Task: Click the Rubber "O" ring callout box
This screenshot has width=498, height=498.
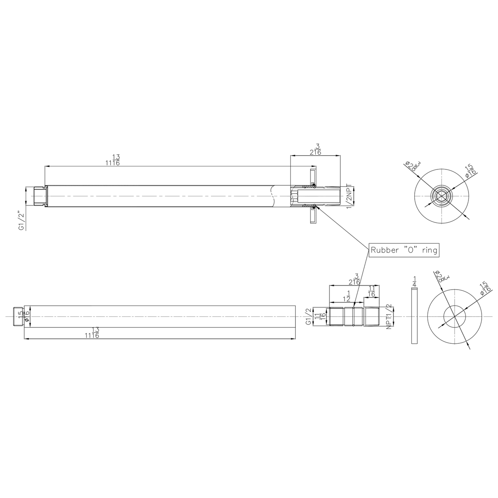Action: [404, 250]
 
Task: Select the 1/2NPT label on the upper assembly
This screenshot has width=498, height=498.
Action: [350, 196]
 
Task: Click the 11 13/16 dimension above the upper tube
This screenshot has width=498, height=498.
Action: [112, 160]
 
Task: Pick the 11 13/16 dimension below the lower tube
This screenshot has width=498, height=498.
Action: [92, 333]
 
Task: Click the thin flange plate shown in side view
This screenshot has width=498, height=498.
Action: [413, 316]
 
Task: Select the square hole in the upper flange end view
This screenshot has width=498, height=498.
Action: [441, 196]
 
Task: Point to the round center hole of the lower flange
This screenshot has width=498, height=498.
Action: [454, 317]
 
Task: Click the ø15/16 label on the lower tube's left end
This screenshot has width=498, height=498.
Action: [26, 316]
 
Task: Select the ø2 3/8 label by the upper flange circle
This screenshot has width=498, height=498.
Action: [412, 167]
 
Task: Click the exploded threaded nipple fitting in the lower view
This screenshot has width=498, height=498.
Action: [354, 317]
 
